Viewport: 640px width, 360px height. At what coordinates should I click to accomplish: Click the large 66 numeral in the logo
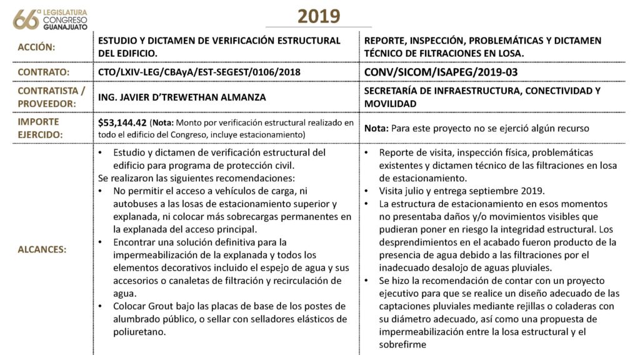pos(26,19)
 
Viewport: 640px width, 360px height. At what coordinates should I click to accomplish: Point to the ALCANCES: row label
pos(42,249)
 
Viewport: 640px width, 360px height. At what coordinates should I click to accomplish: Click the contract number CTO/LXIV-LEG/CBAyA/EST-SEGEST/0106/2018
pos(199,72)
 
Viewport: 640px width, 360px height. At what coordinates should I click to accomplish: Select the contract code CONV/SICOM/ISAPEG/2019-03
pos(441,72)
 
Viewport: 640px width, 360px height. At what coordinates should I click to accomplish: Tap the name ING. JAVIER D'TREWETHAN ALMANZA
pos(182,97)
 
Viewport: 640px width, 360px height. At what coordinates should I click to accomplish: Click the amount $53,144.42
pos(122,122)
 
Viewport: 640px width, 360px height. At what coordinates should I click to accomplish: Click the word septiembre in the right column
pos(497,191)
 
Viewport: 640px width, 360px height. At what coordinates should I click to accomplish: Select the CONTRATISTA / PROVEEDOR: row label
pos(44,97)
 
